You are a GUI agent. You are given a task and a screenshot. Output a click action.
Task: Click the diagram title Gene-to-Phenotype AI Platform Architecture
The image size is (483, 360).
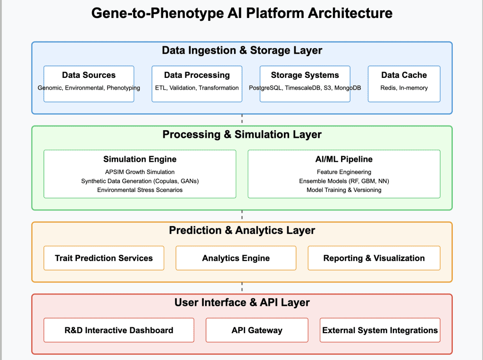pyautogui.click(x=242, y=13)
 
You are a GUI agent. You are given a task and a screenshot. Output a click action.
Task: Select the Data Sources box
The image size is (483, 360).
pyautogui.click(x=89, y=84)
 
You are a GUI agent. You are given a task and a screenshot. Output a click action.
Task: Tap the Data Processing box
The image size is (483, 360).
pyautogui.click(x=197, y=84)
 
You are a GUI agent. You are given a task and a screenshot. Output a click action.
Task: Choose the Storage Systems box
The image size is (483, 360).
pyautogui.click(x=305, y=84)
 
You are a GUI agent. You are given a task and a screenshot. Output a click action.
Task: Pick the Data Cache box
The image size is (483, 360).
pyautogui.click(x=404, y=84)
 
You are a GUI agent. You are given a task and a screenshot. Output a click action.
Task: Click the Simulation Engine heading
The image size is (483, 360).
pyautogui.click(x=140, y=159)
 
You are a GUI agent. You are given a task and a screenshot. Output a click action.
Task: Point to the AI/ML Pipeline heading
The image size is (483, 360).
pyautogui.click(x=344, y=159)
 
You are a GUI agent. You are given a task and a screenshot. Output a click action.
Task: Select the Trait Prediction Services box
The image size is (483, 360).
pyautogui.click(x=104, y=258)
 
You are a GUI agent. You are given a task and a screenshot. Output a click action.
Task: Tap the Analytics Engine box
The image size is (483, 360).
pyautogui.click(x=236, y=258)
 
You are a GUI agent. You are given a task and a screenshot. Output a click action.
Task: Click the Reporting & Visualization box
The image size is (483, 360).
pyautogui.click(x=374, y=258)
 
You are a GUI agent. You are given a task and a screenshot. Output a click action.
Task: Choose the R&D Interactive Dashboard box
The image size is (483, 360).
pyautogui.click(x=119, y=330)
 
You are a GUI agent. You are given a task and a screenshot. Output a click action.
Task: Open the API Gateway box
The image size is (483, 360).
pyautogui.click(x=257, y=330)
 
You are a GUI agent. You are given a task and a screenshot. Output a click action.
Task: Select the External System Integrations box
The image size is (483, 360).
pyautogui.click(x=380, y=330)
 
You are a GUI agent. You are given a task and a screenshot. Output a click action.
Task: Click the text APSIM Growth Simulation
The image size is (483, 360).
pyautogui.click(x=140, y=172)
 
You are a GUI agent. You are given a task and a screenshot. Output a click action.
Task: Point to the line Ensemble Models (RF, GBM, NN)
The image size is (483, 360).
pyautogui.click(x=344, y=181)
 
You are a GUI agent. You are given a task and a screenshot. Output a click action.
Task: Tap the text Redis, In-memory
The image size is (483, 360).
pyautogui.click(x=404, y=88)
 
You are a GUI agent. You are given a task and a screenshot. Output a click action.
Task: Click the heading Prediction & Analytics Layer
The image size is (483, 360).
pyautogui.click(x=242, y=231)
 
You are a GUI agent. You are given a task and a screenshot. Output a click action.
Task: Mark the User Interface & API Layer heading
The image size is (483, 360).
pyautogui.click(x=242, y=302)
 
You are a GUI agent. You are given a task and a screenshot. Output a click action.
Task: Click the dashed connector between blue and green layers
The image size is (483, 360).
pyautogui.click(x=242, y=120)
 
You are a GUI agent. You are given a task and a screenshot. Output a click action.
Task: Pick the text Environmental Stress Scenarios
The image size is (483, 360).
pyautogui.click(x=140, y=190)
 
